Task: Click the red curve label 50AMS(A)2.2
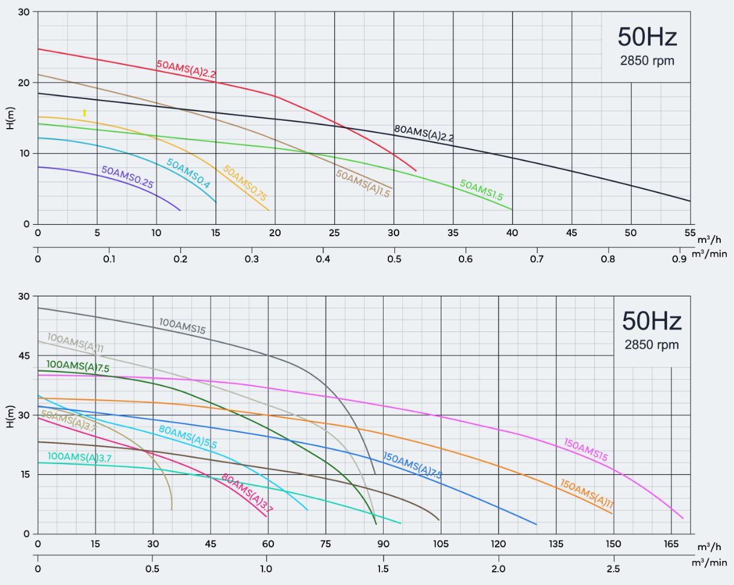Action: (186, 69)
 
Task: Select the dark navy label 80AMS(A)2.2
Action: (424, 133)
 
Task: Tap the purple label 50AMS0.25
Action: (128, 178)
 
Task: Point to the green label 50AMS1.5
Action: (481, 190)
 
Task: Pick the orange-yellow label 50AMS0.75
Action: (245, 183)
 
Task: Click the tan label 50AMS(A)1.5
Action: (363, 184)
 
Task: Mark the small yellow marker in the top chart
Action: (84, 113)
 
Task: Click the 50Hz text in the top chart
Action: (647, 37)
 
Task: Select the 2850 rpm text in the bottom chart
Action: (652, 345)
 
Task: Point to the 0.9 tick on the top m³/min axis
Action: (680, 259)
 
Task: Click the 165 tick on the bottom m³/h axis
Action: (671, 544)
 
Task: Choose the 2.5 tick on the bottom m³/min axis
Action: (613, 569)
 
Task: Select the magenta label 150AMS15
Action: (586, 450)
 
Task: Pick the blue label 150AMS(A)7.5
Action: (412, 465)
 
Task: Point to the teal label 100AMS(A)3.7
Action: (79, 457)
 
